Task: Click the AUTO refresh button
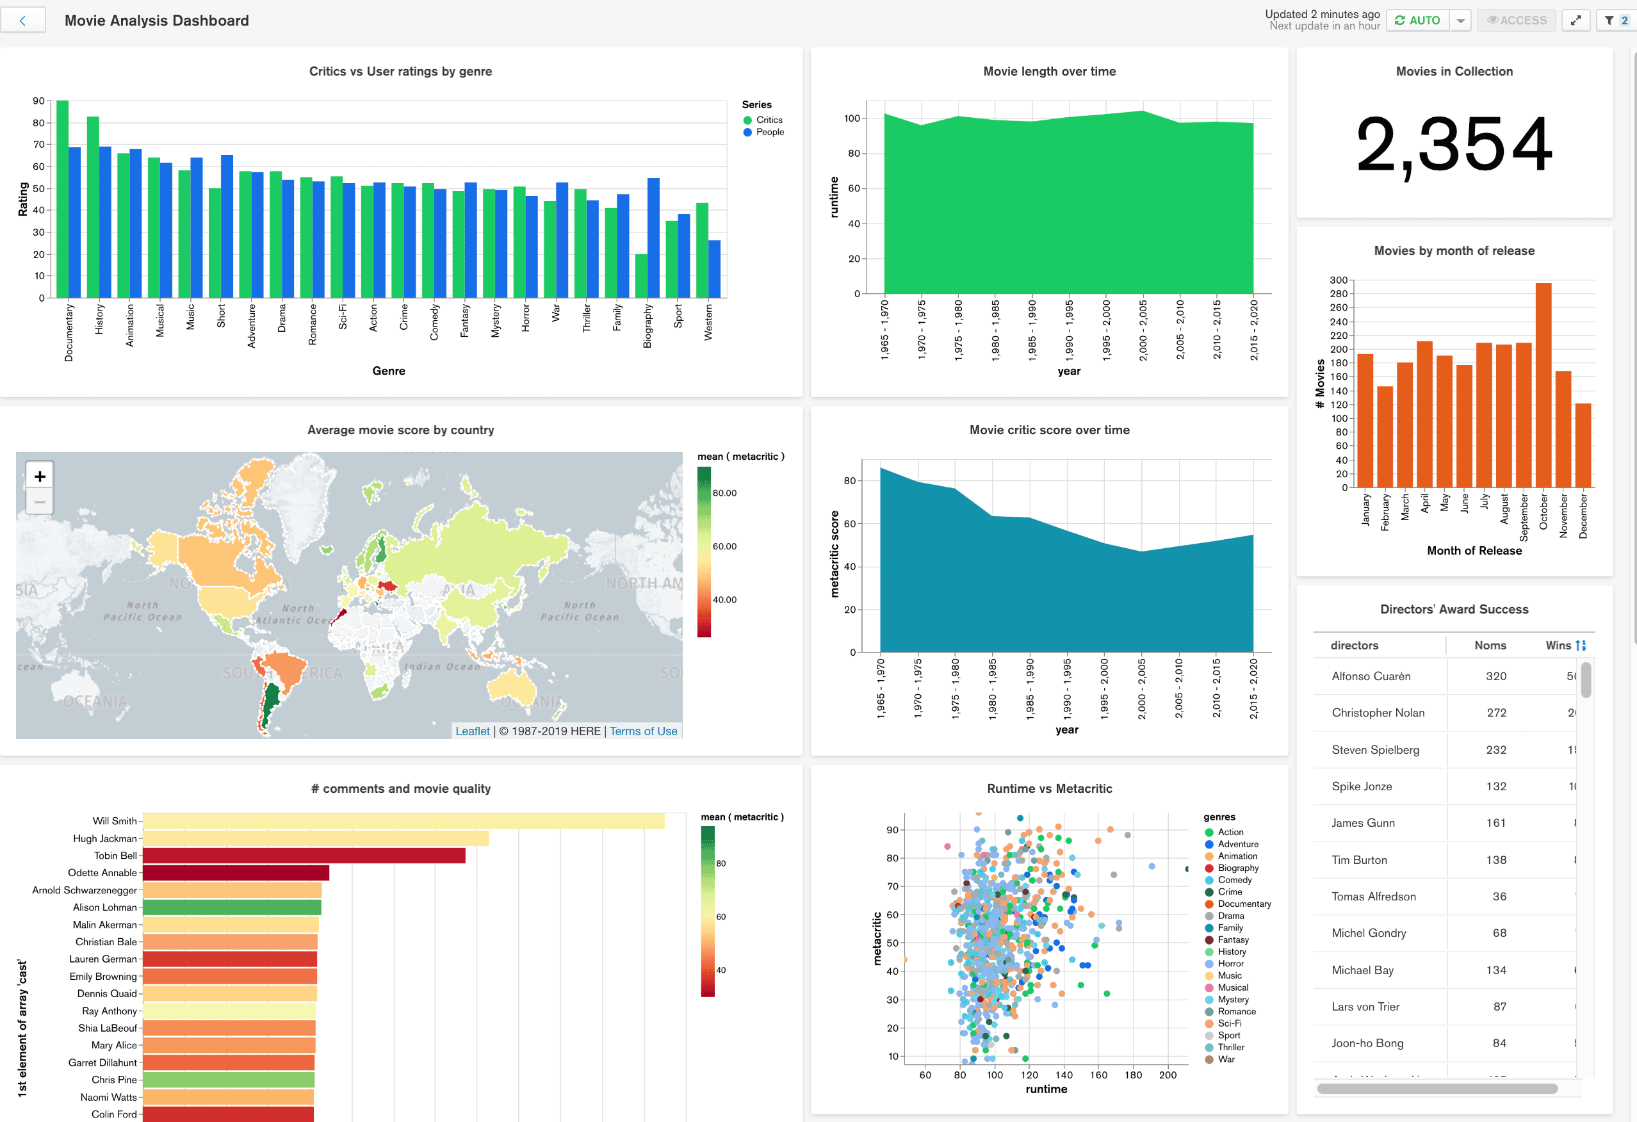tap(1417, 20)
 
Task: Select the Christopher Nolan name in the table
tap(1377, 713)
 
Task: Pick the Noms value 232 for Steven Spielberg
tap(1495, 749)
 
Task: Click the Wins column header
tap(1558, 645)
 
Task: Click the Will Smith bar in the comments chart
tap(403, 821)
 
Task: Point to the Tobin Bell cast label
tap(115, 856)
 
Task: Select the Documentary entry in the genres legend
tap(1243, 904)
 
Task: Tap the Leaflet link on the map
tap(472, 731)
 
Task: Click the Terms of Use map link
tap(642, 731)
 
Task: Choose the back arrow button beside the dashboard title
tap(22, 20)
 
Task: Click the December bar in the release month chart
tap(1582, 445)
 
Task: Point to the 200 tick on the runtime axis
tap(1167, 1075)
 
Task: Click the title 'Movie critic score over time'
tap(1049, 430)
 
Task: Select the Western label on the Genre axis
tap(708, 323)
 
